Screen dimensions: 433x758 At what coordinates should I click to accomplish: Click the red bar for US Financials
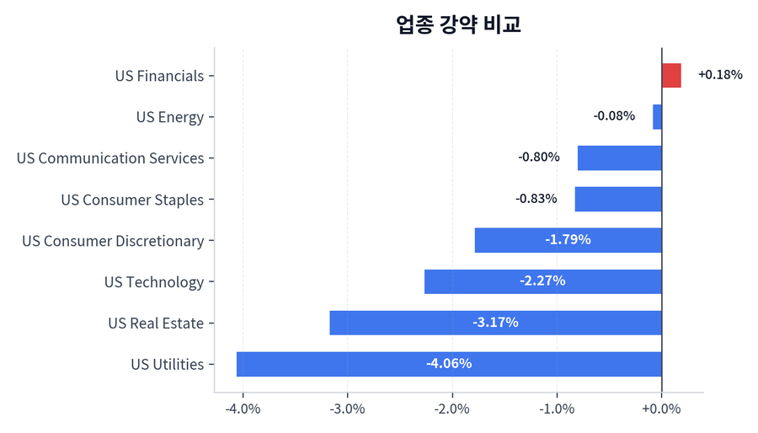pos(671,76)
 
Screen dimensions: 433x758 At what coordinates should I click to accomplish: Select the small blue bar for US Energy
pos(658,117)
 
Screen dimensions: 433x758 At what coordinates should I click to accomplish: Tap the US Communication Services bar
pos(620,158)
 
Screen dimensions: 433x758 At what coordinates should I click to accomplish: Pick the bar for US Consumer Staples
pos(618,200)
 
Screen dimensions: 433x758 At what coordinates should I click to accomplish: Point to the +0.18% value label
pos(720,75)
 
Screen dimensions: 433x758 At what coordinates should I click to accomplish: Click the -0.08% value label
pos(614,116)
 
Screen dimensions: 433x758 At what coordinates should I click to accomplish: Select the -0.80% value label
pos(539,158)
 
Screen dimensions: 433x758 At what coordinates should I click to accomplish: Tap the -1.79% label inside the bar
pos(568,240)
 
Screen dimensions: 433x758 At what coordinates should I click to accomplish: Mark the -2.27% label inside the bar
pos(542,281)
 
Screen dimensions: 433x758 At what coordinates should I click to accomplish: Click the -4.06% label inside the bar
pos(449,364)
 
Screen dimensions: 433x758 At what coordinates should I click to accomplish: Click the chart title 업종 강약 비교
pos(458,24)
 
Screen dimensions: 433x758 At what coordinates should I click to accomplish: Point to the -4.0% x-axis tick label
pos(243,409)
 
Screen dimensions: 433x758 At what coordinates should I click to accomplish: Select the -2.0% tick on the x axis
pos(452,409)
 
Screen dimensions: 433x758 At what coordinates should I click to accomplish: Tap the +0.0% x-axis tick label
pos(661,409)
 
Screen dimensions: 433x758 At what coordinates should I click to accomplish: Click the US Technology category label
pos(154,282)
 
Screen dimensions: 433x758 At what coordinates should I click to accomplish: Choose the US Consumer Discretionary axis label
pos(113,241)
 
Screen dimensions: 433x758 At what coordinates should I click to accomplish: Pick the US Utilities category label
pos(168,365)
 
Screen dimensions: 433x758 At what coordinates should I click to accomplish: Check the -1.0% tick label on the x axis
pos(557,409)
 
